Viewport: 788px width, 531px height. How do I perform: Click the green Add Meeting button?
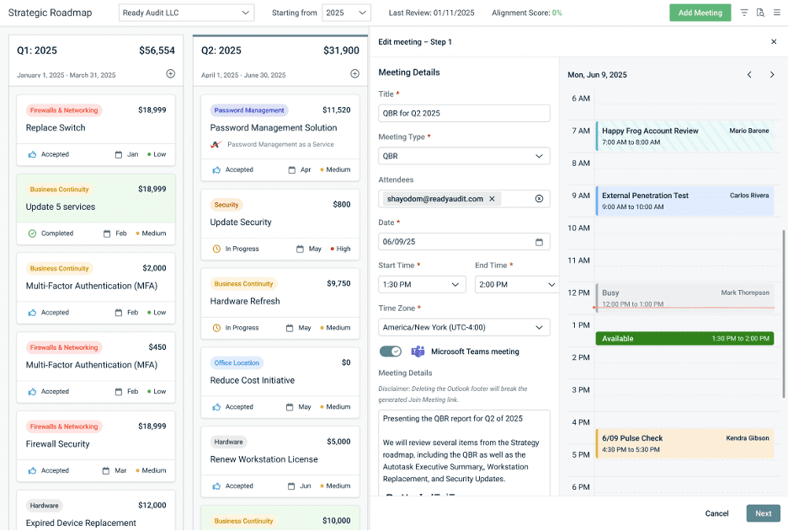(700, 13)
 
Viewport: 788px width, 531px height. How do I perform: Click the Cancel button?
(716, 513)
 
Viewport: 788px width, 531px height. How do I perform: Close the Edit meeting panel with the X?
(774, 41)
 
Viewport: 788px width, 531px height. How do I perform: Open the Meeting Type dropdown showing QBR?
(464, 156)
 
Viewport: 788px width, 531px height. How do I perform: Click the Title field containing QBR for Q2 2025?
(464, 113)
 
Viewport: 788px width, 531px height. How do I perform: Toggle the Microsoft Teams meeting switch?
(391, 351)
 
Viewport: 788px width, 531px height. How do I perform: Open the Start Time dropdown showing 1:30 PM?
(422, 285)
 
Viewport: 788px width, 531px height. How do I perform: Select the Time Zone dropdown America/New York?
(464, 327)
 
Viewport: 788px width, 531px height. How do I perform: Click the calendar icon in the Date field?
(540, 242)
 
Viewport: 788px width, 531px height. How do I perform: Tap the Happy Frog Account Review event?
(684, 136)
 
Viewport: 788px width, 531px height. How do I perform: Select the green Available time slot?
(684, 338)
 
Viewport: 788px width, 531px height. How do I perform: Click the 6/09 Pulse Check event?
(684, 443)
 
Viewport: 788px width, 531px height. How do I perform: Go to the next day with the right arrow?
(772, 75)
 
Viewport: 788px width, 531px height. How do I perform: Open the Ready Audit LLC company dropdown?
(186, 13)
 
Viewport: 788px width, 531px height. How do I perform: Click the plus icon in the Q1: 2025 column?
(171, 74)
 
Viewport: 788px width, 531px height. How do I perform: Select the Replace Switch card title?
(56, 128)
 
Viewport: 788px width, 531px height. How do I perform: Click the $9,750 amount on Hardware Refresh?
(338, 284)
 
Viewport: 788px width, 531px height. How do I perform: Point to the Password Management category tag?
(249, 110)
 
